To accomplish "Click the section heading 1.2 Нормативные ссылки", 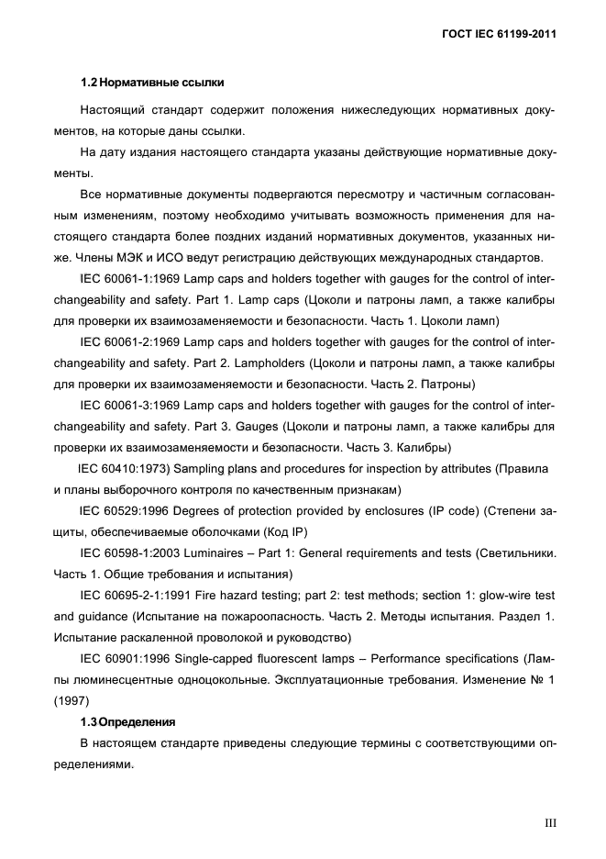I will coord(151,84).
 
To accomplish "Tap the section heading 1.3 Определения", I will coord(127,722).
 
